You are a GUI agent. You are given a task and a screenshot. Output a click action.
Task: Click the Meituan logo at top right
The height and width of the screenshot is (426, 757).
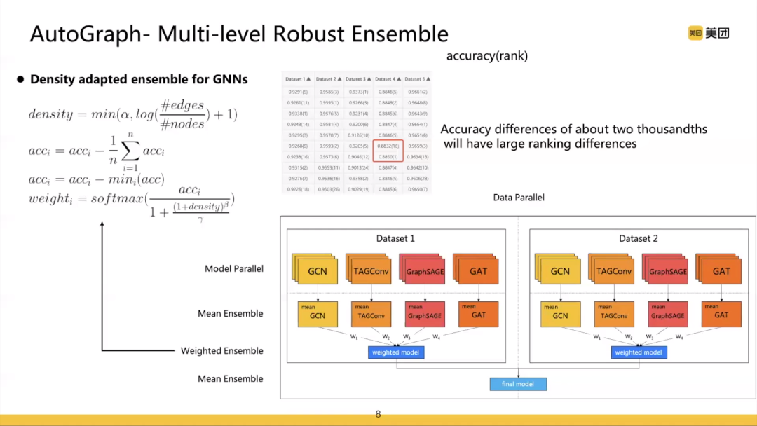(x=708, y=33)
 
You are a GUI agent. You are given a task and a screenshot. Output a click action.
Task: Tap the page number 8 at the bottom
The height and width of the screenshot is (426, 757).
(x=378, y=414)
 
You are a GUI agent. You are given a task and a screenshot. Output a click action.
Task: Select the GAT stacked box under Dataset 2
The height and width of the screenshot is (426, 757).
(x=721, y=271)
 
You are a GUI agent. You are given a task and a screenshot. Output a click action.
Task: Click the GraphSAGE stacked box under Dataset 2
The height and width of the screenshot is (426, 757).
(x=667, y=271)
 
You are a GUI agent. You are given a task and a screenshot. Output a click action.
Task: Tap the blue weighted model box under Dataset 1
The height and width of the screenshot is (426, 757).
(x=396, y=352)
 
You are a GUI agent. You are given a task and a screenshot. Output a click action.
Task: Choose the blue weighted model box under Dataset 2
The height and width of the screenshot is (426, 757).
(x=639, y=352)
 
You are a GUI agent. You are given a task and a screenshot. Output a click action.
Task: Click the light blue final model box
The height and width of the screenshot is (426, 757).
(x=518, y=384)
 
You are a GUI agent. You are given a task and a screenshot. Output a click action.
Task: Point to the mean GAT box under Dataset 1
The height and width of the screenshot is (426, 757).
(x=479, y=314)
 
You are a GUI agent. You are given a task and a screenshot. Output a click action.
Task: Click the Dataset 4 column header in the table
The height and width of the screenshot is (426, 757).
(x=388, y=79)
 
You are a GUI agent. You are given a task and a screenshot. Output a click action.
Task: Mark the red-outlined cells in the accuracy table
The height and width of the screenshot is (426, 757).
(x=388, y=151)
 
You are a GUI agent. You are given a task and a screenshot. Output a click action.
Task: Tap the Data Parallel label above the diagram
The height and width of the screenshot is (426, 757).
(x=519, y=198)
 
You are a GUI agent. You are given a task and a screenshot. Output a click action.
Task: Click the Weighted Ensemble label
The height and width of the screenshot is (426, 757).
(x=222, y=350)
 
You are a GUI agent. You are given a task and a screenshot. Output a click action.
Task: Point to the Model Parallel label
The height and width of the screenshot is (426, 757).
(x=234, y=268)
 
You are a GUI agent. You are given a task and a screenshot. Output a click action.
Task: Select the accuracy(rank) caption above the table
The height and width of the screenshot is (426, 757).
(x=486, y=55)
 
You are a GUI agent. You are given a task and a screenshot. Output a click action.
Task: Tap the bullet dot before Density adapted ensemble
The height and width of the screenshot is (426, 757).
(x=20, y=80)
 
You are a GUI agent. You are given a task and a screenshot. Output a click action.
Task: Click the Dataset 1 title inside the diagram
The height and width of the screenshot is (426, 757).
(x=395, y=238)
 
